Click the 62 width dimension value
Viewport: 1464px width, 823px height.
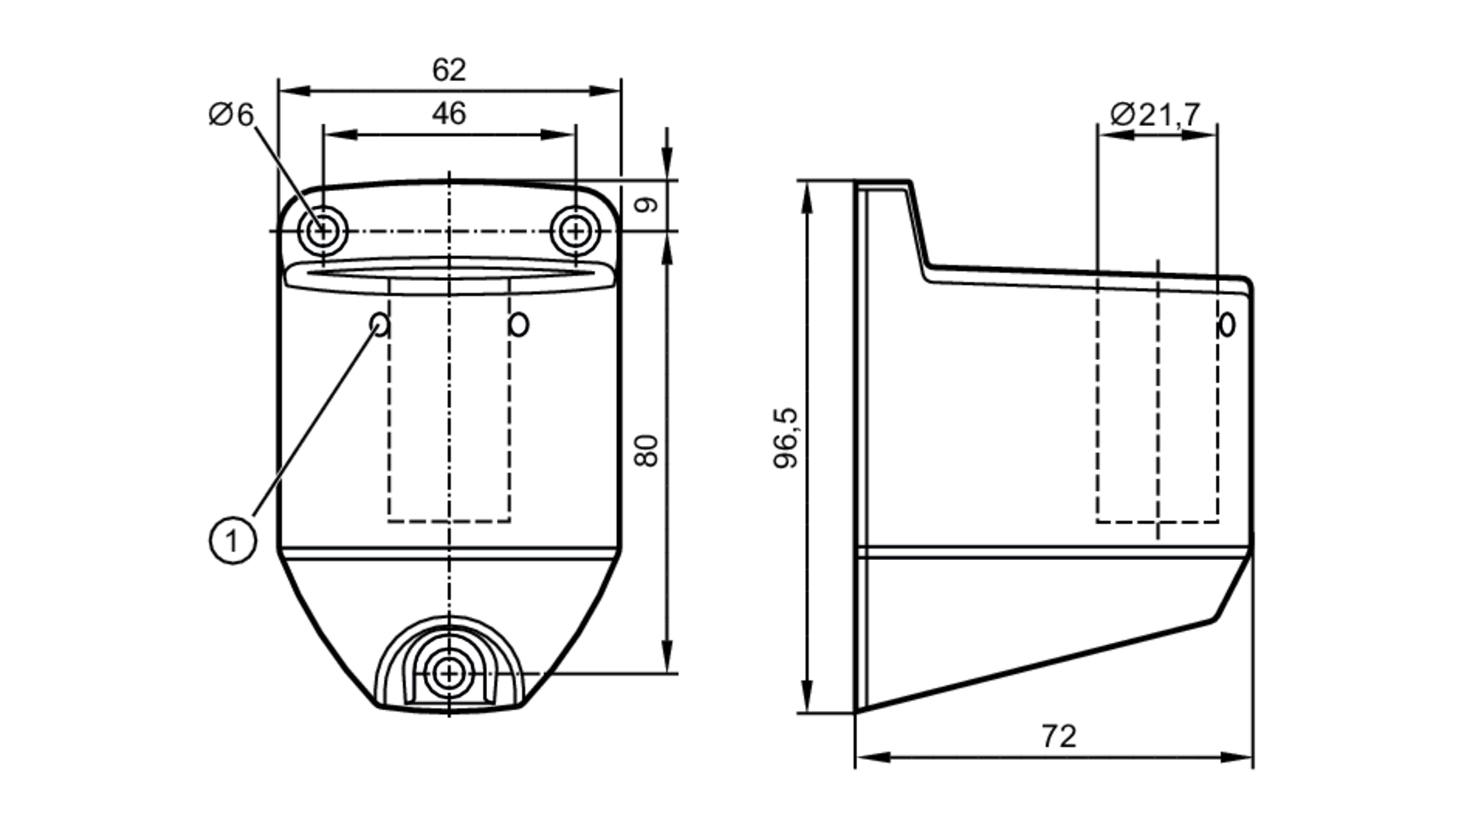click(x=449, y=70)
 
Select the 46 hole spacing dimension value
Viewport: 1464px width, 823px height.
click(x=449, y=114)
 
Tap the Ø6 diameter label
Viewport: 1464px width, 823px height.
click(x=231, y=115)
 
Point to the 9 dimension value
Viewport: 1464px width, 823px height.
click(x=646, y=205)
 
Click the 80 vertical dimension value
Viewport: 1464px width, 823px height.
click(x=646, y=451)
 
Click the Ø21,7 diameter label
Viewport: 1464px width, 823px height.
click(x=1155, y=115)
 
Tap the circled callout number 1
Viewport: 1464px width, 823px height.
click(x=233, y=541)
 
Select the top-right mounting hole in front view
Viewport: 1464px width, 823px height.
click(x=576, y=231)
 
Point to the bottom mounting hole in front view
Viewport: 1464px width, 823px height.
click(x=448, y=673)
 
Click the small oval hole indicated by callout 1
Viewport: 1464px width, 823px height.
click(x=380, y=323)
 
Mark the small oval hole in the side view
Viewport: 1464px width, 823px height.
click(x=1227, y=324)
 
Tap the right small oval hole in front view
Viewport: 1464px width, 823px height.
click(x=519, y=324)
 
